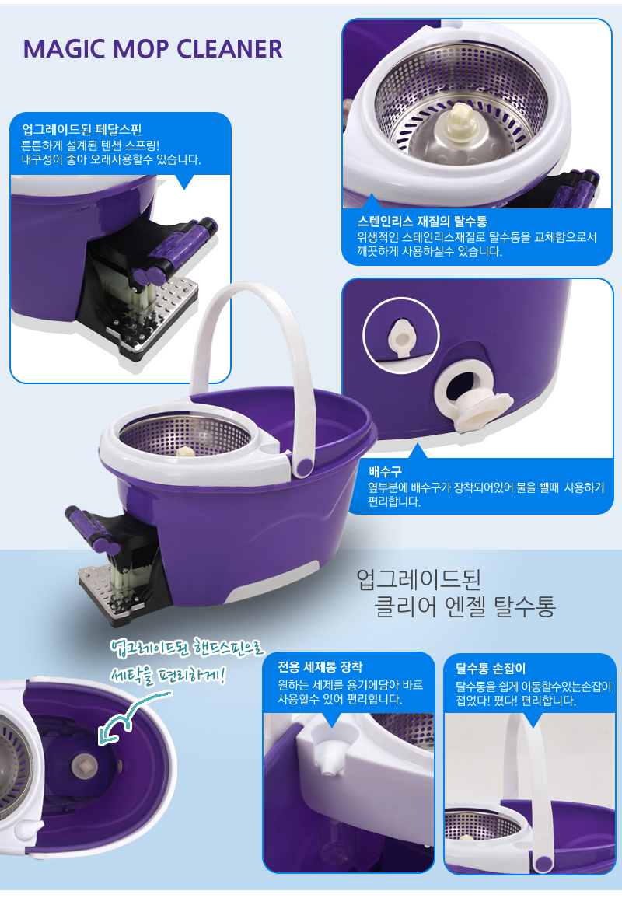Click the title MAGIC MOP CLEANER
click(x=152, y=49)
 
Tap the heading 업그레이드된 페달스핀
click(x=82, y=130)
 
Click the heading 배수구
click(x=385, y=471)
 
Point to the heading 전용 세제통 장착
click(x=320, y=667)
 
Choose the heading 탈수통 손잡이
click(x=490, y=668)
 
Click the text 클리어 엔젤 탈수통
click(x=465, y=606)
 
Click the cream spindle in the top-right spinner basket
click(x=461, y=122)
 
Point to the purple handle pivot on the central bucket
click(x=304, y=466)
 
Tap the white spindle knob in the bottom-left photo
click(x=83, y=764)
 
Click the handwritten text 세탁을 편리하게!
click(x=168, y=676)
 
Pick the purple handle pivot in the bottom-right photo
click(x=544, y=863)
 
